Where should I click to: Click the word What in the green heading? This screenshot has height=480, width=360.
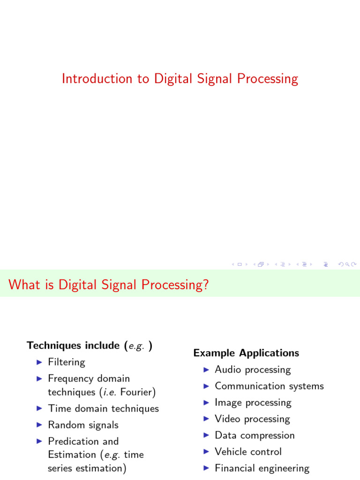24,285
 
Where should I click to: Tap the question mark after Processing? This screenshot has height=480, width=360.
206,285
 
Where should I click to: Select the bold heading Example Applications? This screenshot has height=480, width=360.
246,353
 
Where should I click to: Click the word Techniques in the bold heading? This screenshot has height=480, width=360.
54,345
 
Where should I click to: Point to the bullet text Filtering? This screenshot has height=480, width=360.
67,362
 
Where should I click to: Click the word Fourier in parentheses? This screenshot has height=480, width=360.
136,392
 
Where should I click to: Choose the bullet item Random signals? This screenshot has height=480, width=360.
83,425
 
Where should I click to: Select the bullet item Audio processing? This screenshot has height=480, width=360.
253,370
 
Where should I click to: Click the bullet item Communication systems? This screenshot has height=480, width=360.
269,386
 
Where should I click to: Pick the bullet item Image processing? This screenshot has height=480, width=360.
253,403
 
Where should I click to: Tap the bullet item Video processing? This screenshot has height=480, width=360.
252,419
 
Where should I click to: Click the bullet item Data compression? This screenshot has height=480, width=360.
255,435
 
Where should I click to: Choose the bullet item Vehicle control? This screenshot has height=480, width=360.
248,452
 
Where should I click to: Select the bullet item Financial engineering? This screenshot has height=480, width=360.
262,468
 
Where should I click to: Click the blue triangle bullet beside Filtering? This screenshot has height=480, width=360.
39,362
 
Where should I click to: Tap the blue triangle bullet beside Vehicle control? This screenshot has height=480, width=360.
206,452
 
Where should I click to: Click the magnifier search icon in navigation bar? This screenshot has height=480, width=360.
347,264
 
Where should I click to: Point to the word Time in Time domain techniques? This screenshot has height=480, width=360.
60,408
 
